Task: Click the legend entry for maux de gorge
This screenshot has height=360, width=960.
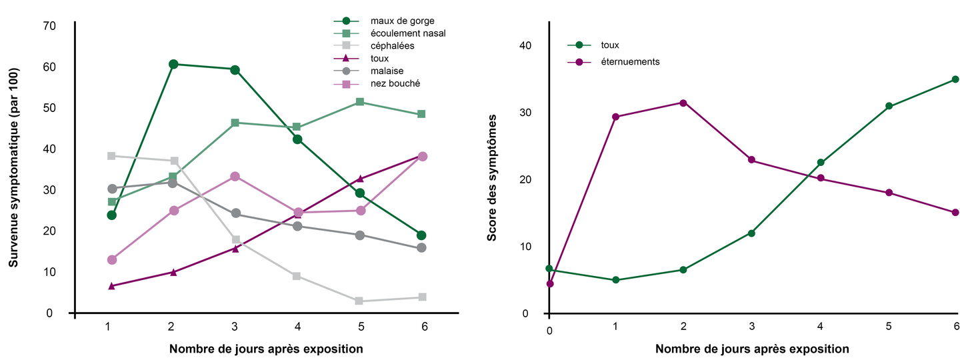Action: pos(402,21)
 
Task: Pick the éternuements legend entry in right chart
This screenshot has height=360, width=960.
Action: pos(630,61)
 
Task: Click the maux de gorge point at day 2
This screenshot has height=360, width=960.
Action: pos(173,64)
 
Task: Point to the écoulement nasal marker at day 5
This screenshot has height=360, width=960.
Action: pos(360,102)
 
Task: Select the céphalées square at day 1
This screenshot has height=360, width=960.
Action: pos(111,156)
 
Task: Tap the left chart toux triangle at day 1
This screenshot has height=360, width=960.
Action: pos(111,286)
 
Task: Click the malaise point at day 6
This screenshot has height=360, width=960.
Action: pos(422,248)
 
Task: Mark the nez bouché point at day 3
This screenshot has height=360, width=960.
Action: pos(235,177)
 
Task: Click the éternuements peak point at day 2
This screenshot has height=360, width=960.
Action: pos(683,103)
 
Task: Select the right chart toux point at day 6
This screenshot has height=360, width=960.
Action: pos(955,79)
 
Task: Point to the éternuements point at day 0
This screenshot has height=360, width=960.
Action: pos(549,284)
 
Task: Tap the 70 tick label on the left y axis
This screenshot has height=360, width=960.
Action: pos(49,26)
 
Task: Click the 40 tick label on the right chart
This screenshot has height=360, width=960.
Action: pos(525,46)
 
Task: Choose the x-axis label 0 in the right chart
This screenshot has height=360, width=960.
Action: pos(549,331)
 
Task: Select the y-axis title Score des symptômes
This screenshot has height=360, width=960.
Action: pos(493,177)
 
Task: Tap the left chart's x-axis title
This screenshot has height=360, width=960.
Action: pos(266,349)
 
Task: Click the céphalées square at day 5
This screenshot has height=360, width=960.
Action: pos(360,301)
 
